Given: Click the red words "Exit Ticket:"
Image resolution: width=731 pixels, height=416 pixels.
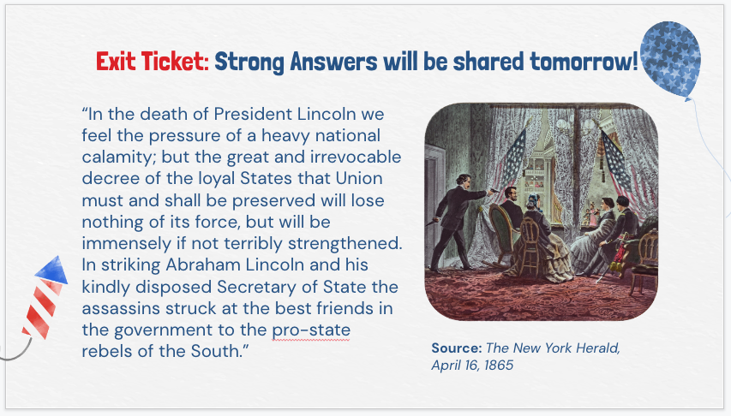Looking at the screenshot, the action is (x=153, y=62).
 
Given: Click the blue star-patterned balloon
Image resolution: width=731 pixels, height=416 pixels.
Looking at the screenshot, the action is (x=670, y=60).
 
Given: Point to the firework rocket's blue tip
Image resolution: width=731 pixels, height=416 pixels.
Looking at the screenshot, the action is (x=52, y=270).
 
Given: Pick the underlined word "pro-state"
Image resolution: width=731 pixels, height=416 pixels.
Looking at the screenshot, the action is (x=311, y=330).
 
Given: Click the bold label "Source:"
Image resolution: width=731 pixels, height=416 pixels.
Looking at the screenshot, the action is (x=457, y=348).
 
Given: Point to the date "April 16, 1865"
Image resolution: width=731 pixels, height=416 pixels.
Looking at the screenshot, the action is (x=472, y=365).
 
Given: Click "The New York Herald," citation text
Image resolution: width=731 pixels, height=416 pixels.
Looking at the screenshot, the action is (x=553, y=348).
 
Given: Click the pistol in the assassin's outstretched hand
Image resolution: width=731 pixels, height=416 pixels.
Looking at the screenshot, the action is (x=494, y=190).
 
